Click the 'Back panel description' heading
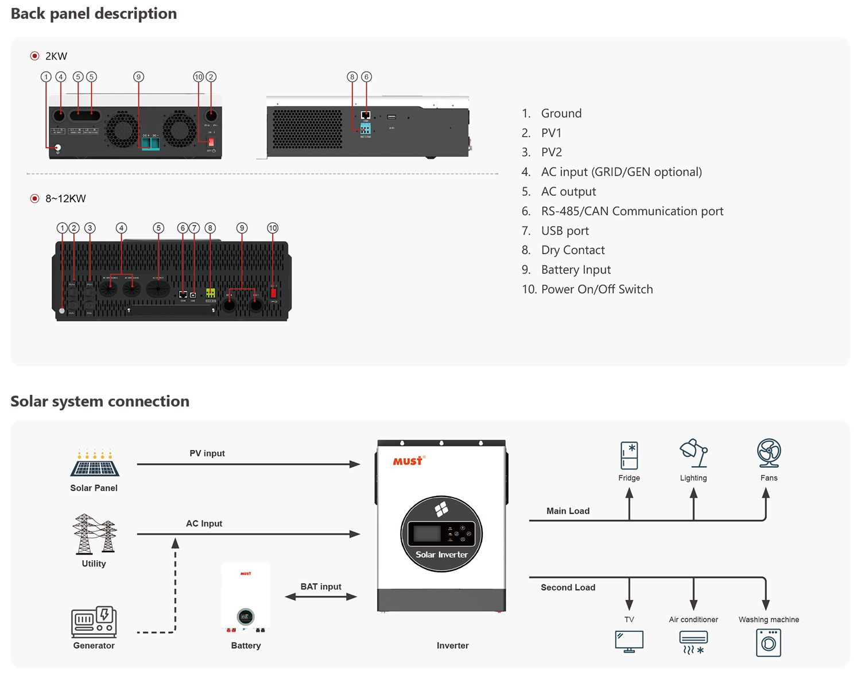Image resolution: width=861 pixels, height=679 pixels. [94, 14]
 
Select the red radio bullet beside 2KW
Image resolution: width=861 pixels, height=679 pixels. [34, 56]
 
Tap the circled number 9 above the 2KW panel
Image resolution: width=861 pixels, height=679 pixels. [138, 77]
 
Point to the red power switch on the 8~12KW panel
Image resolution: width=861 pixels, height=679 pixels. [274, 293]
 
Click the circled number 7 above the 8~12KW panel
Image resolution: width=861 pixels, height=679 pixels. [195, 228]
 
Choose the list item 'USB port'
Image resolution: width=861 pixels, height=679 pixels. [565, 231]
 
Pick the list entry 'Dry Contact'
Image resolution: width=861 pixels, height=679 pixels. [572, 250]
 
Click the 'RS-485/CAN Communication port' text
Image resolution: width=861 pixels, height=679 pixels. [632, 211]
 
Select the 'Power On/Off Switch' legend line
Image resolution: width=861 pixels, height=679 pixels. [596, 289]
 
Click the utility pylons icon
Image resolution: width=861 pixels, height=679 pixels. [94, 534]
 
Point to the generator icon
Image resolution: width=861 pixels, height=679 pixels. [94, 622]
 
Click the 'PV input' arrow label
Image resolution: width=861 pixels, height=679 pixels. [207, 453]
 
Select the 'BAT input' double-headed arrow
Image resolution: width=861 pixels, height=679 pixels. [321, 597]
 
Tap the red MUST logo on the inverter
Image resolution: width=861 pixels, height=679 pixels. [408, 461]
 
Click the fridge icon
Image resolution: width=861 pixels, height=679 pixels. [629, 456]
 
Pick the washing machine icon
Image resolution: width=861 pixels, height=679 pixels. [769, 643]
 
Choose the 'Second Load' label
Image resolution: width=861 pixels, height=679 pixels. [568, 587]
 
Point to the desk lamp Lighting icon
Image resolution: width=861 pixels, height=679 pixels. [693, 453]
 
